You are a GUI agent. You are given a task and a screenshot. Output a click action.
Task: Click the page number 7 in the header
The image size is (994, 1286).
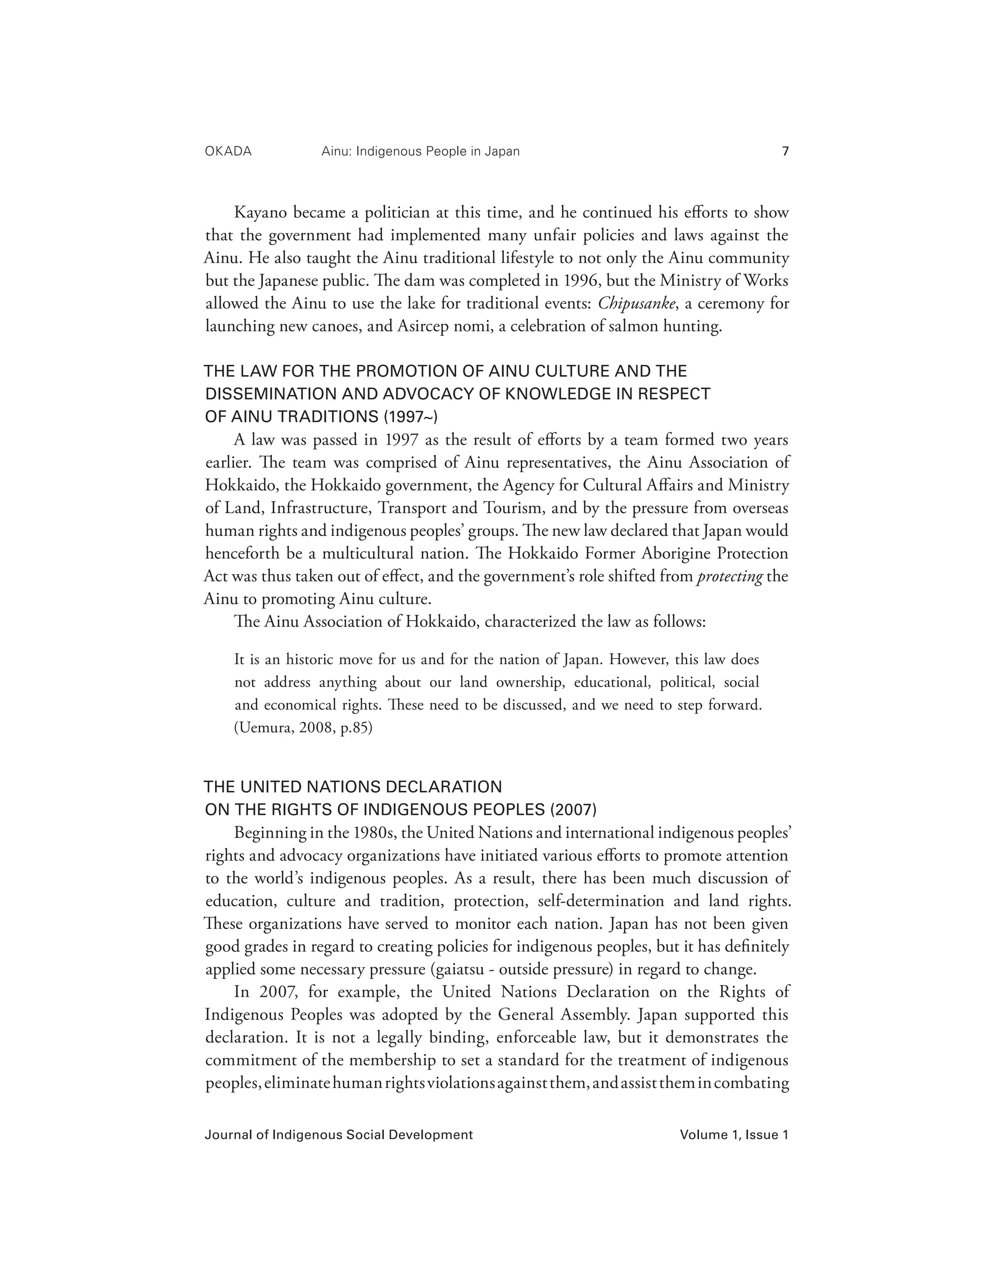(784, 151)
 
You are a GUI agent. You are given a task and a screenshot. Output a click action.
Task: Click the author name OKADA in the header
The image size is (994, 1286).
(228, 151)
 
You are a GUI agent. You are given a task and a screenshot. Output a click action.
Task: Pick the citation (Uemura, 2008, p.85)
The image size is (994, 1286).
(303, 728)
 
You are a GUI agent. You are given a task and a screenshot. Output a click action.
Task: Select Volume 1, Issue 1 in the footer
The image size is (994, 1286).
(734, 1135)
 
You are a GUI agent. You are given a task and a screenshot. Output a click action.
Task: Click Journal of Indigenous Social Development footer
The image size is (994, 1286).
(339, 1135)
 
